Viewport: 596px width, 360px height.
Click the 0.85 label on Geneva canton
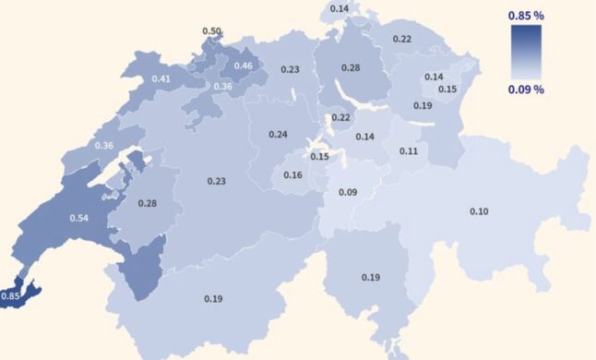(x=11, y=296)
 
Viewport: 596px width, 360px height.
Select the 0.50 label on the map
(x=211, y=31)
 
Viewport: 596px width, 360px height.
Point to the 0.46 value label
(x=244, y=66)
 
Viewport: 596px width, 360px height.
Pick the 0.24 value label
(x=279, y=134)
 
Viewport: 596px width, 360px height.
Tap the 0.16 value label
(x=292, y=175)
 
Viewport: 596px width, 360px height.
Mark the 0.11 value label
(x=410, y=150)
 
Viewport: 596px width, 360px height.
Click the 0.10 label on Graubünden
(x=479, y=212)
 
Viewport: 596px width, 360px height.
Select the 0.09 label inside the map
(x=348, y=192)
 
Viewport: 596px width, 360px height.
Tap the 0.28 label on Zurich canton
(x=351, y=68)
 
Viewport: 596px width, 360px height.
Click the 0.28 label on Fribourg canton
(x=147, y=203)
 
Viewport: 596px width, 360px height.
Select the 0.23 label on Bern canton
(x=217, y=182)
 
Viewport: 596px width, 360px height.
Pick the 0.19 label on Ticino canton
(x=371, y=277)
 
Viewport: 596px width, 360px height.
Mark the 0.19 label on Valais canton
(x=212, y=298)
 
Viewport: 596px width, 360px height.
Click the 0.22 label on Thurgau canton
(x=402, y=39)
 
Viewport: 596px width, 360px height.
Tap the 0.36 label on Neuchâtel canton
(x=103, y=146)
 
